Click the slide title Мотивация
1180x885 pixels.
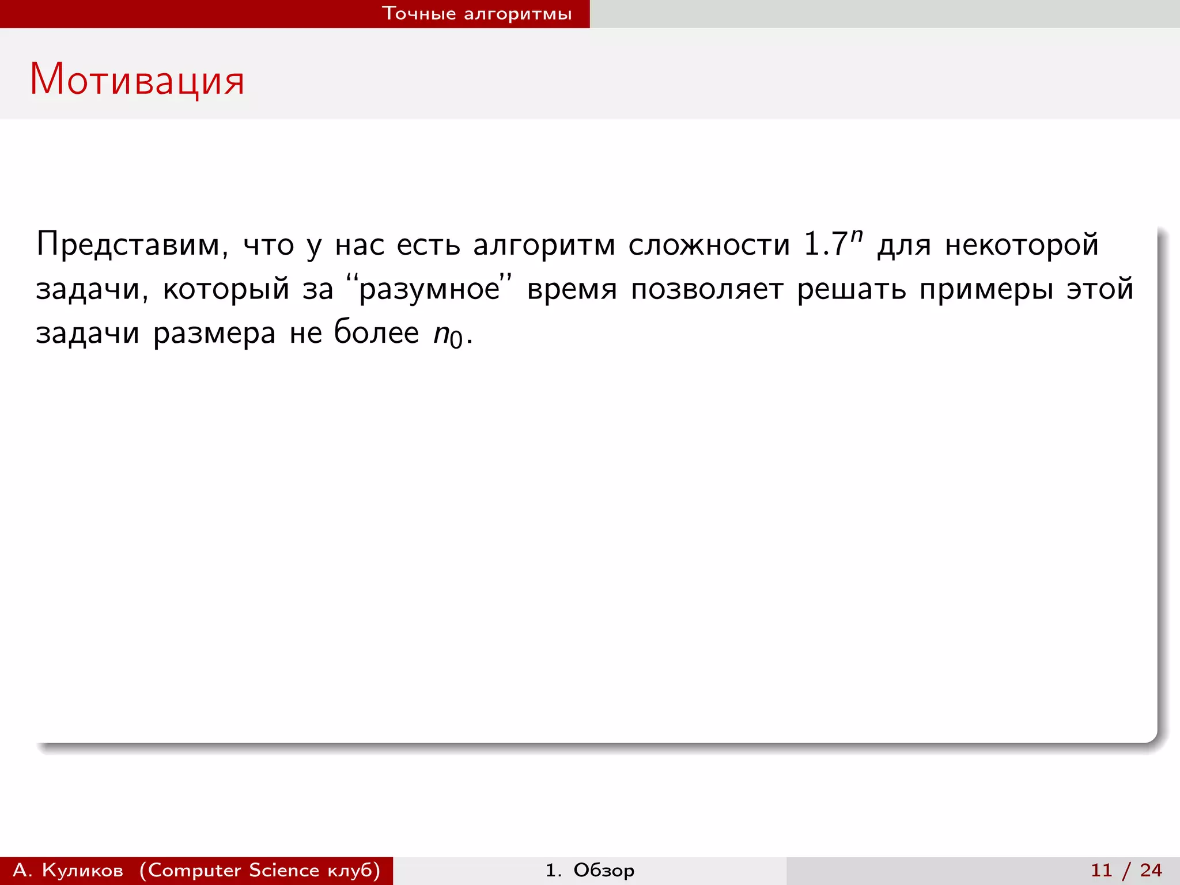pos(137,80)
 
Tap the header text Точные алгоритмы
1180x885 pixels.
pos(477,14)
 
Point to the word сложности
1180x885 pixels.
pos(709,245)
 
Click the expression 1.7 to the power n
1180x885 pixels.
pos(833,243)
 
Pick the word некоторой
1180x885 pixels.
pos(1022,245)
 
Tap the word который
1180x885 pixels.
pos(226,289)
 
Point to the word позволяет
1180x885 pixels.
pos(707,289)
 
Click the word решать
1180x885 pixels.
pos(852,289)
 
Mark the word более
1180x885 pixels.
pos(376,332)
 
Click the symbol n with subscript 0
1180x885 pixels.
pos(448,335)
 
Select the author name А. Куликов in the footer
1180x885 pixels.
pos(68,870)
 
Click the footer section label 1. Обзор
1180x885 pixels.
pos(590,870)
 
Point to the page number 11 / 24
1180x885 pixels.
pos(1126,870)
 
